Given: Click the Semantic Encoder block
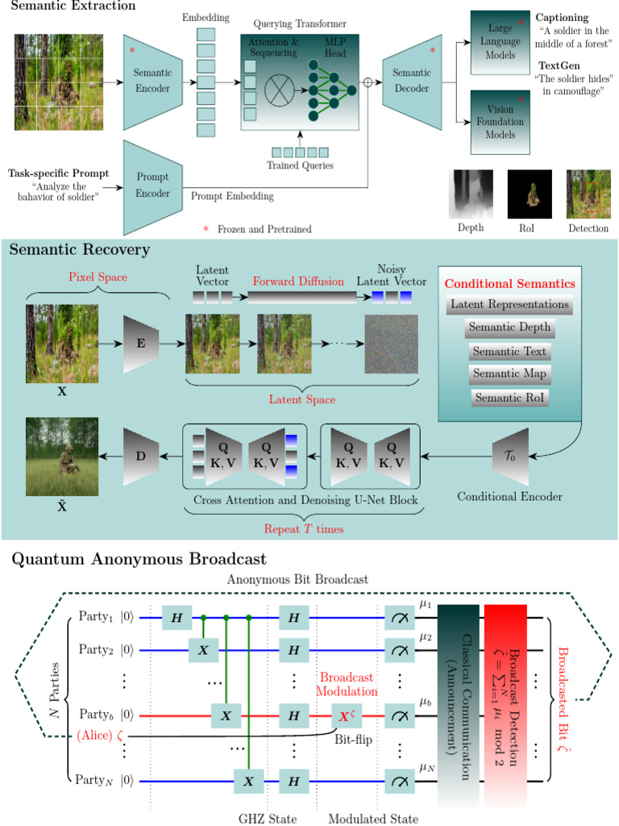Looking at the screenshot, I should (x=152, y=80).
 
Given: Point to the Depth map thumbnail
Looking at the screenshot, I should (x=470, y=194).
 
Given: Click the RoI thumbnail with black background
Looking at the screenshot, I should (x=529, y=194).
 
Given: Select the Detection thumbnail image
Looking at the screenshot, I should (x=588, y=194).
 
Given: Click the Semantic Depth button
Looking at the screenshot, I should (x=509, y=328).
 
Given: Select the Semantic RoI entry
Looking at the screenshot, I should (x=509, y=398).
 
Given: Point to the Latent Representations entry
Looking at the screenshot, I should (x=509, y=305).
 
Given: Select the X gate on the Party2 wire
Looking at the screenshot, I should (x=202, y=648).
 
